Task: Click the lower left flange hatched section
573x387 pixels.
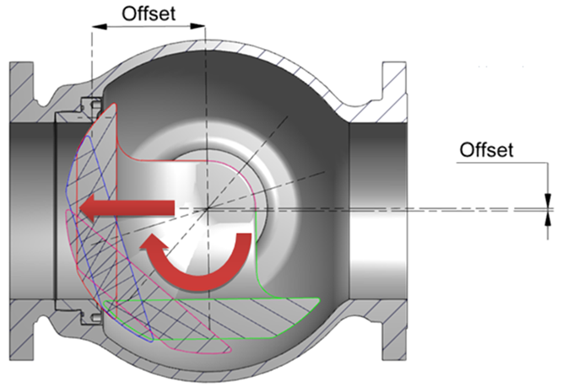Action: click(25, 325)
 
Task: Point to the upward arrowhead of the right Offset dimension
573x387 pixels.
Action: click(547, 218)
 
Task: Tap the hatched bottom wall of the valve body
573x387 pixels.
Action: click(278, 354)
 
